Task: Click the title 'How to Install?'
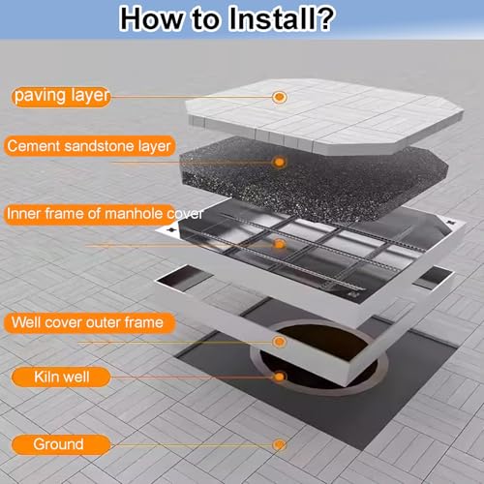(227, 18)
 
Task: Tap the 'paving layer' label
(61, 96)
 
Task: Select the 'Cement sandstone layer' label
(89, 146)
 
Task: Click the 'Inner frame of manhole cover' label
(105, 214)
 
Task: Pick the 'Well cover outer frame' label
(88, 322)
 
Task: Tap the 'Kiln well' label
(61, 377)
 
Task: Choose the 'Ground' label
(59, 444)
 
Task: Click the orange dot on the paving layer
(280, 97)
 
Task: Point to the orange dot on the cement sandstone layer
(280, 162)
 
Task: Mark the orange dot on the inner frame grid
(280, 244)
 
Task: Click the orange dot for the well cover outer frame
(280, 342)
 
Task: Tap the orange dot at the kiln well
(280, 377)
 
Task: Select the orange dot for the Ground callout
(280, 444)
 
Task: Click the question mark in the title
(323, 18)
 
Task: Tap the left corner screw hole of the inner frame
(171, 229)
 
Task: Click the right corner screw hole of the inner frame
(450, 222)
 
